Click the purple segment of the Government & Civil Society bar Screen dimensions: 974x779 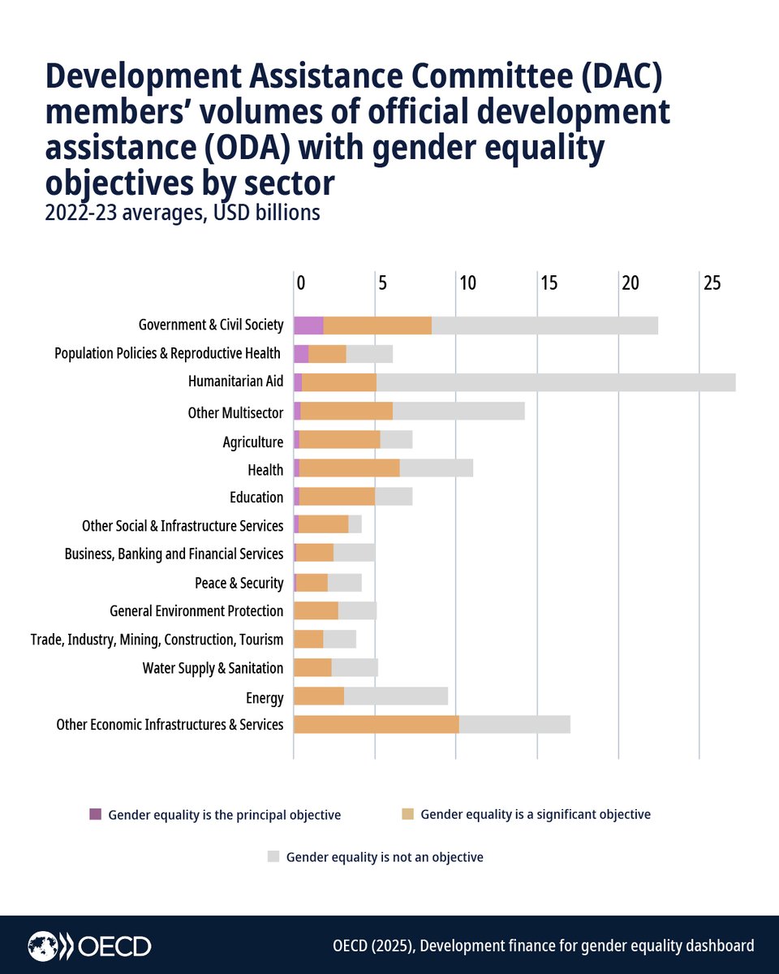coord(308,325)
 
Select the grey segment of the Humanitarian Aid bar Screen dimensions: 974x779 coord(556,382)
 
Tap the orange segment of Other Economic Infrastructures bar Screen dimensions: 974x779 coord(376,724)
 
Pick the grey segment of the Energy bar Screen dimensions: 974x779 coord(395,696)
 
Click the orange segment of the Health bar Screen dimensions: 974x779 coord(349,468)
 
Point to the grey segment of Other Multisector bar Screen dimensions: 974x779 coord(458,411)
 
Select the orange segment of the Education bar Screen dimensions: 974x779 coord(337,497)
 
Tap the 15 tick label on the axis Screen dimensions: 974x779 coord(549,283)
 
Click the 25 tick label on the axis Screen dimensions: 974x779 coord(712,283)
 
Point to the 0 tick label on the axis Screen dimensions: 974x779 coord(300,283)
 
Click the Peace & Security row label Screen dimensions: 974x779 coord(239,583)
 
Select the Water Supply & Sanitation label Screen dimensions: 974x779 coord(213,668)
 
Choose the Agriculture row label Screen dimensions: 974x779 coord(252,442)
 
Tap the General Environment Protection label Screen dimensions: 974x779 coord(196,611)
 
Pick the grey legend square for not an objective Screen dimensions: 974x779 coord(273,856)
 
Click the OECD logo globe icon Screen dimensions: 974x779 coord(43,946)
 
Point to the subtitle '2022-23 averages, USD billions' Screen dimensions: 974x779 coord(183,213)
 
